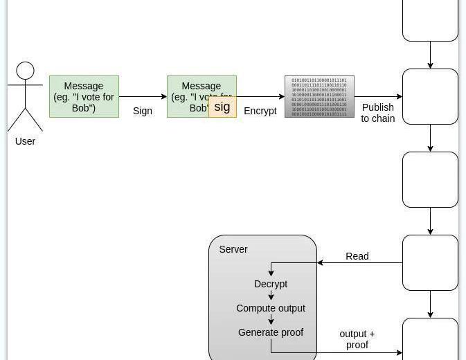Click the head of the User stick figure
26,71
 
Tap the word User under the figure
25,141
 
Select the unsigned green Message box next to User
84,97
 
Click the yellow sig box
222,107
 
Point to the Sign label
143,111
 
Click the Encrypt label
260,111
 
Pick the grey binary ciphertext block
319,97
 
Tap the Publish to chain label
378,113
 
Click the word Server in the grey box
233,249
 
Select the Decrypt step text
271,284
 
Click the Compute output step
271,308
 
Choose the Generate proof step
271,332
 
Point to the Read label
357,256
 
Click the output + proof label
357,339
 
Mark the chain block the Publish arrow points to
430,97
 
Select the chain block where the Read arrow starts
430,263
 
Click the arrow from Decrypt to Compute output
271,296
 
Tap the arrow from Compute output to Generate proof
271,320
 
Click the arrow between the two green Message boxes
143,97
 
